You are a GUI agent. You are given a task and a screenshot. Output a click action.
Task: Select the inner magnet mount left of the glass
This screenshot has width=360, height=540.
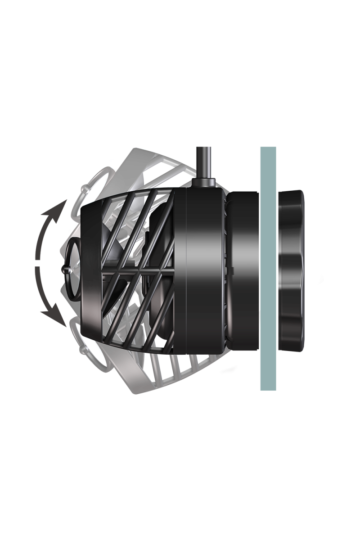point(243,270)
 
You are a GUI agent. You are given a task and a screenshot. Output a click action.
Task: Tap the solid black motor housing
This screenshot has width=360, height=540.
point(202,270)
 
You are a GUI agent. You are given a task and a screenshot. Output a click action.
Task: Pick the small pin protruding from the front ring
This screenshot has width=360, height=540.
point(63,270)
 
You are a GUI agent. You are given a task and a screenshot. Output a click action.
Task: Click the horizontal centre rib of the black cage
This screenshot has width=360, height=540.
point(130,271)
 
